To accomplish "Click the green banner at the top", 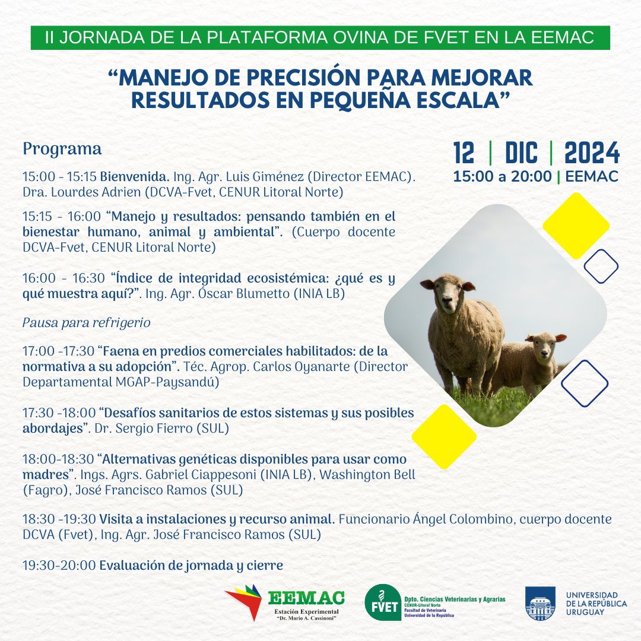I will pyautogui.click(x=320, y=39).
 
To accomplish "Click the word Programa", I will pyautogui.click(x=62, y=149).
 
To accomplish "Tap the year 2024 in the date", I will pyautogui.click(x=592, y=154).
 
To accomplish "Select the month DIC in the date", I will pyautogui.click(x=521, y=154).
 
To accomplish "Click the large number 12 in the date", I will pyautogui.click(x=464, y=154).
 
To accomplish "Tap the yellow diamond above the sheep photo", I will pyautogui.click(x=576, y=226).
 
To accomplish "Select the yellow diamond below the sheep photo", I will pyautogui.click(x=444, y=437).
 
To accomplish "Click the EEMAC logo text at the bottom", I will pyautogui.click(x=306, y=597).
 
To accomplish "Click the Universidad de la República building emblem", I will pyautogui.click(x=540, y=604).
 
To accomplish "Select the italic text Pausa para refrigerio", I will pyautogui.click(x=87, y=323).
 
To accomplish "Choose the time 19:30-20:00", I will pyautogui.click(x=59, y=565).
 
